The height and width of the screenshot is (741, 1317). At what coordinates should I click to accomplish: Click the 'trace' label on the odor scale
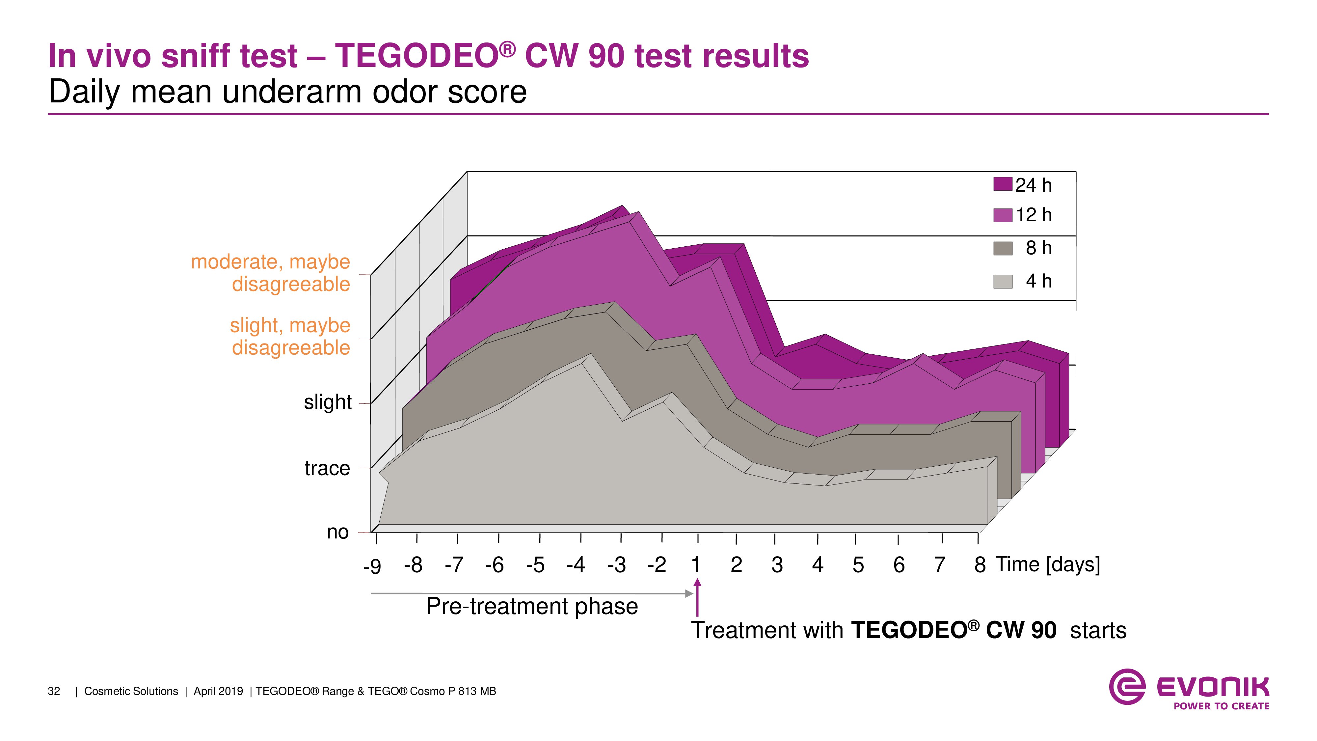327,468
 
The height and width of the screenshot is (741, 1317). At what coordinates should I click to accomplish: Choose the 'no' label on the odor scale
337,532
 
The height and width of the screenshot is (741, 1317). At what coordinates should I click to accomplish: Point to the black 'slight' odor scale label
328,402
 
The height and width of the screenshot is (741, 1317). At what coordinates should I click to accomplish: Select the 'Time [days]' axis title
1048,564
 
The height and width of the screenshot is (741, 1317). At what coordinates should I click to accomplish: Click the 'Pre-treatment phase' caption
532,607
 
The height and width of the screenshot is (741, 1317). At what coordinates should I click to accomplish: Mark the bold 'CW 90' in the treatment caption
1020,630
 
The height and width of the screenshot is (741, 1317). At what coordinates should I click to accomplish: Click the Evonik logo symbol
1126,687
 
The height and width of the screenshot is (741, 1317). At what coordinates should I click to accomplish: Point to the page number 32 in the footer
54,691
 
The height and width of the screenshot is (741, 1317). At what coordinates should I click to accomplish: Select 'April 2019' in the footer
218,691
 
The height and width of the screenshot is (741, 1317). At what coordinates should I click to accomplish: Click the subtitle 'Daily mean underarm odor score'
287,92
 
